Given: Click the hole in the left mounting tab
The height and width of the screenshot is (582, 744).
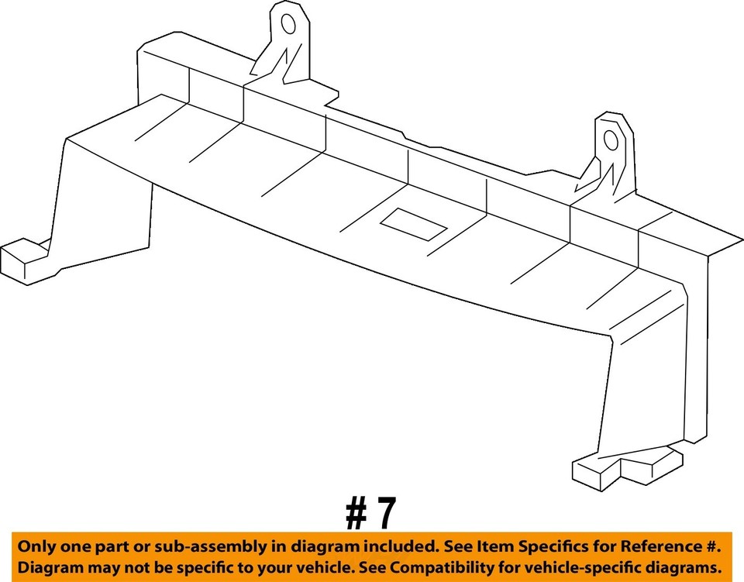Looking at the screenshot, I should point(288,24).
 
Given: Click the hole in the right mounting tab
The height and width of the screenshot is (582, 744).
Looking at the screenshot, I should point(611,140).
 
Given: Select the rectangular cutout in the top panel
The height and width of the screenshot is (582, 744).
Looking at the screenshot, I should point(412,223).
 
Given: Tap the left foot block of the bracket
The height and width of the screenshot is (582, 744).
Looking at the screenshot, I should point(25,261).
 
